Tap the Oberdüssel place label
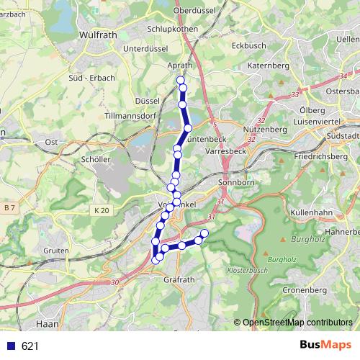click(x=201, y=12)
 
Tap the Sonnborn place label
click(x=234, y=183)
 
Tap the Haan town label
click(x=47, y=324)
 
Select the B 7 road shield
click(x=9, y=207)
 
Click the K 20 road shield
click(x=102, y=210)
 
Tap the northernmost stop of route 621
click(x=180, y=80)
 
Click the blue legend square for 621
click(x=10, y=346)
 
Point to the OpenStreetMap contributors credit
click(x=297, y=323)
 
